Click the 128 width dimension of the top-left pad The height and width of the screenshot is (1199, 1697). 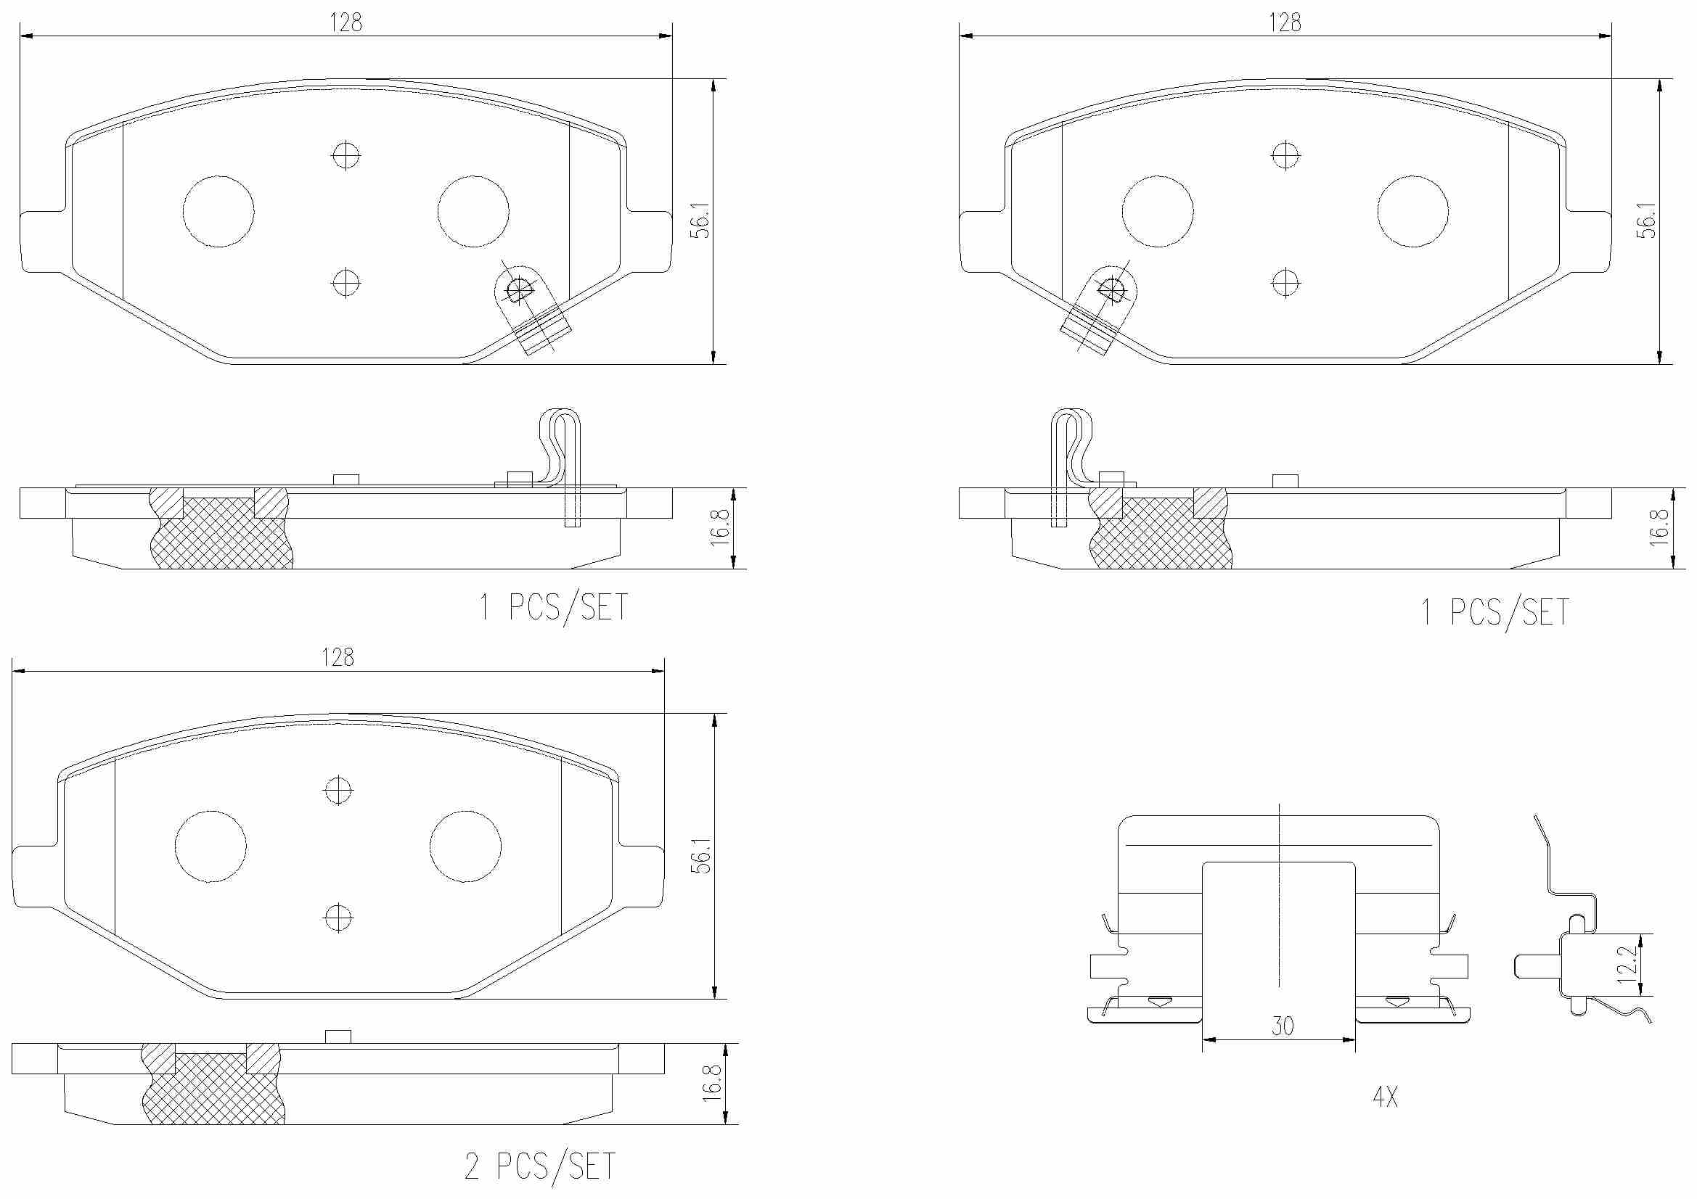[x=346, y=23]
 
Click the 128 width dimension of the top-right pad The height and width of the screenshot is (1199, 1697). [x=1285, y=23]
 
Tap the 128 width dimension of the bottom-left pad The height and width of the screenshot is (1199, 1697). [x=338, y=656]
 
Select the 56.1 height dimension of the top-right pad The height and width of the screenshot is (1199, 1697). [x=1648, y=221]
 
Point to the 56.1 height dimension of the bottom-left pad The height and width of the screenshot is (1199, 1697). [x=701, y=855]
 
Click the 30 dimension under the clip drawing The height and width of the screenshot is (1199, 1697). [x=1283, y=1026]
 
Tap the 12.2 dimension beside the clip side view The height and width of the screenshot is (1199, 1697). [x=1627, y=965]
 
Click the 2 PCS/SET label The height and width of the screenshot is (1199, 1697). [x=539, y=1166]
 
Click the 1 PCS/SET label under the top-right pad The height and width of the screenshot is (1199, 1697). [x=1495, y=612]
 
